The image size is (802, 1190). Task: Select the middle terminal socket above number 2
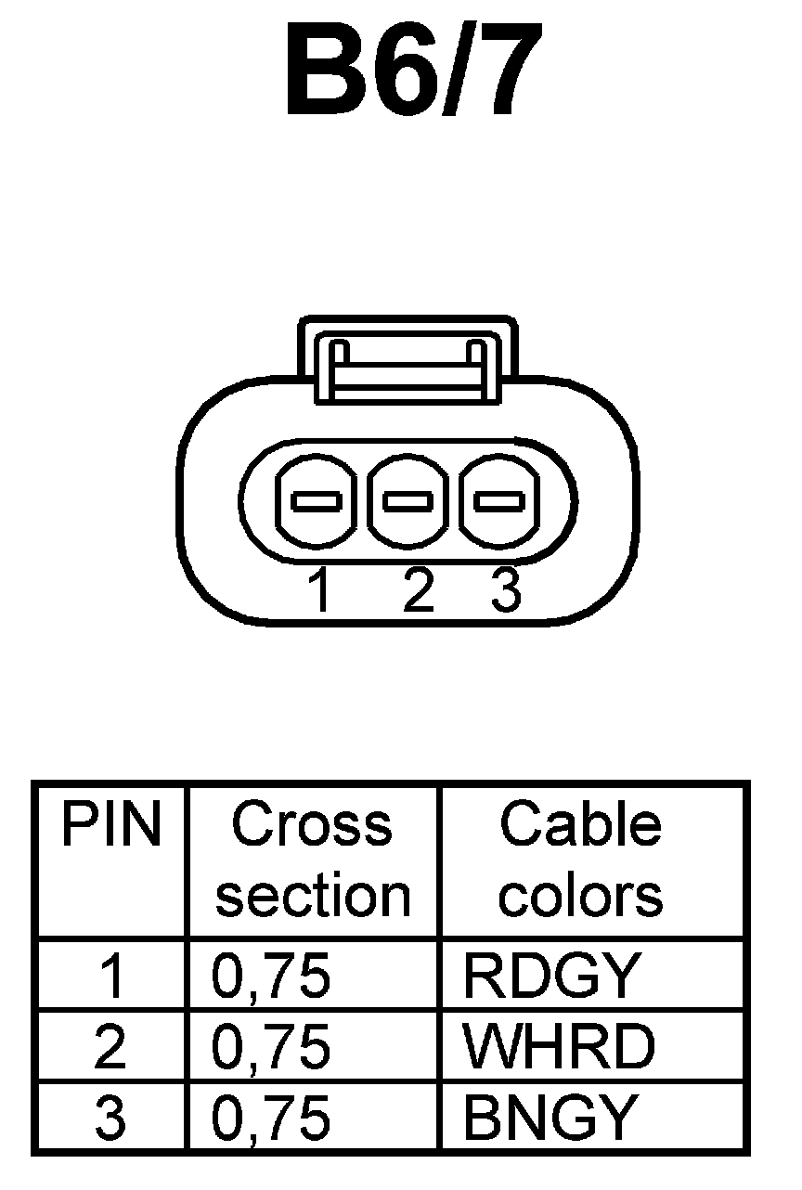(x=409, y=502)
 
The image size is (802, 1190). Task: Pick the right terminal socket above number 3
(x=500, y=502)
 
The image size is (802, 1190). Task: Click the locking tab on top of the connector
(x=408, y=362)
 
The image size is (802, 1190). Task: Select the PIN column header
(x=110, y=825)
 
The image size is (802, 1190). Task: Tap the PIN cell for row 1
(x=110, y=976)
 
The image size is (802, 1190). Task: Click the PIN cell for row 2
(x=110, y=1047)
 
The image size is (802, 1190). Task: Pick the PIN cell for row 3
(x=110, y=1118)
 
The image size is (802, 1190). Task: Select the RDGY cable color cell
(x=551, y=976)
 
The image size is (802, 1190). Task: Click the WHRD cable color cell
(x=559, y=1047)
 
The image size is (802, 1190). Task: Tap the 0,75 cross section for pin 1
(x=271, y=976)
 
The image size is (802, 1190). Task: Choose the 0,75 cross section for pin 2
(x=271, y=1047)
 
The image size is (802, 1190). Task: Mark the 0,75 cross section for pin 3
(x=271, y=1118)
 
